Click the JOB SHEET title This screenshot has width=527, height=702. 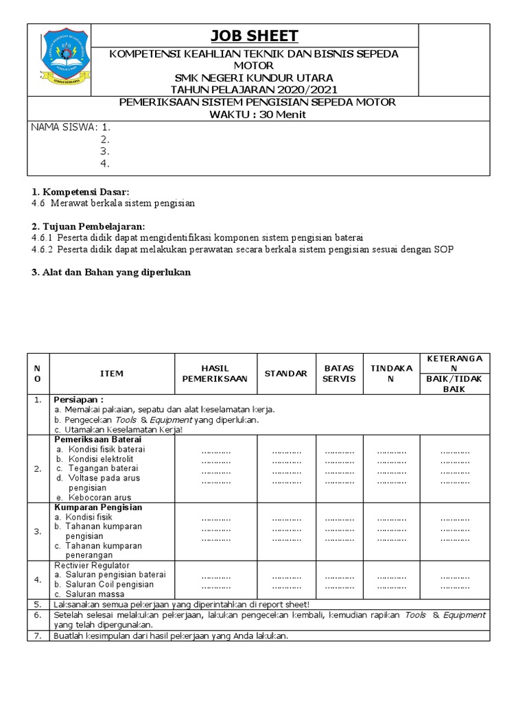click(x=254, y=36)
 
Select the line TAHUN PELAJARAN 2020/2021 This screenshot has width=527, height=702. click(x=254, y=89)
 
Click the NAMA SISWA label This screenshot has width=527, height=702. click(x=65, y=128)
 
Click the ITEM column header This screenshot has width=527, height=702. click(x=112, y=374)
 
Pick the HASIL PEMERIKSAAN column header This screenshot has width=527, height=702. click(x=215, y=374)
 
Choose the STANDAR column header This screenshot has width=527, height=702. click(x=285, y=374)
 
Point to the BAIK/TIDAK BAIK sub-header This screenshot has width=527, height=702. click(x=455, y=384)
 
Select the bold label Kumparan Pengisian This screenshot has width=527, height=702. click(x=98, y=507)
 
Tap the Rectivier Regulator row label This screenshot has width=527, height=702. click(x=91, y=565)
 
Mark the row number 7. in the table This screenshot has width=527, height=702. click(x=38, y=636)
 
